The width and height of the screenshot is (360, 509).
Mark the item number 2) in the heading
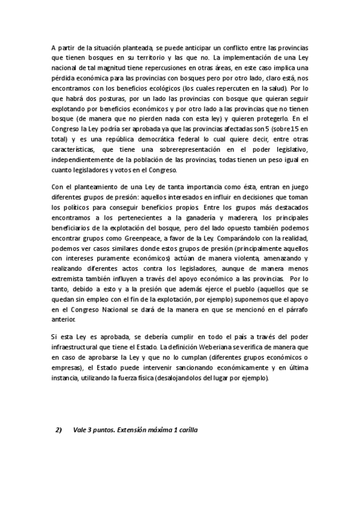coord(59,430)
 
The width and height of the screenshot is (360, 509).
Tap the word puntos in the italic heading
coord(101,430)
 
